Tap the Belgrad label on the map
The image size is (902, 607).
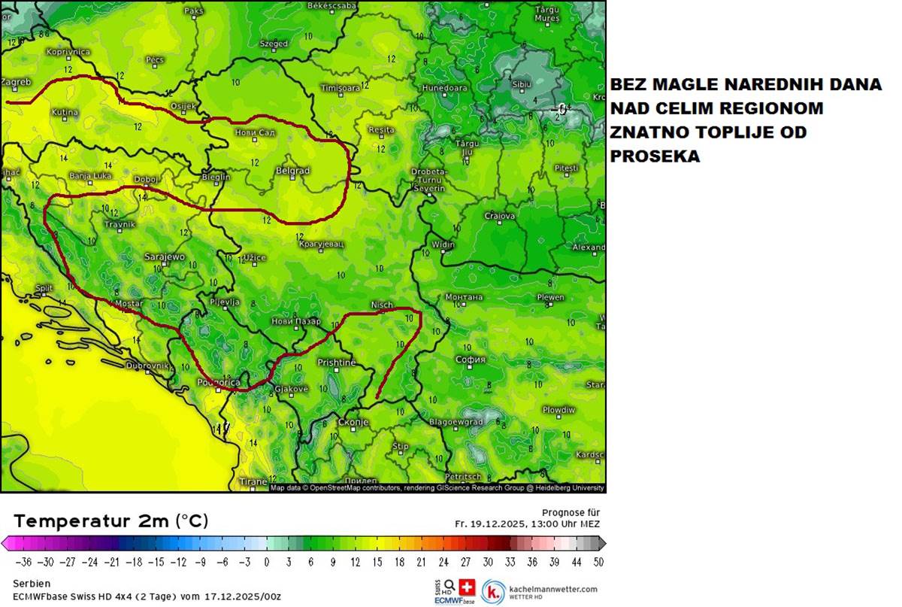click(293, 171)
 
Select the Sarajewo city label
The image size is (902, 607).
click(164, 257)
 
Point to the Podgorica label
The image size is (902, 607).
click(219, 383)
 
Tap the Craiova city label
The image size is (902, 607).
click(499, 216)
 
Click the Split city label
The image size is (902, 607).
click(44, 288)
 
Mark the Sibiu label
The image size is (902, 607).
click(521, 84)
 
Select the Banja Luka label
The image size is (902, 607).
click(90, 176)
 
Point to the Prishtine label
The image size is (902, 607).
click(336, 363)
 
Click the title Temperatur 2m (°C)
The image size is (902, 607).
click(111, 521)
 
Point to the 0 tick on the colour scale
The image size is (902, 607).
click(267, 562)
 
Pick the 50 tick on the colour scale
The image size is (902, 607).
click(597, 562)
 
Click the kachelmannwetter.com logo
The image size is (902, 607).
click(541, 590)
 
